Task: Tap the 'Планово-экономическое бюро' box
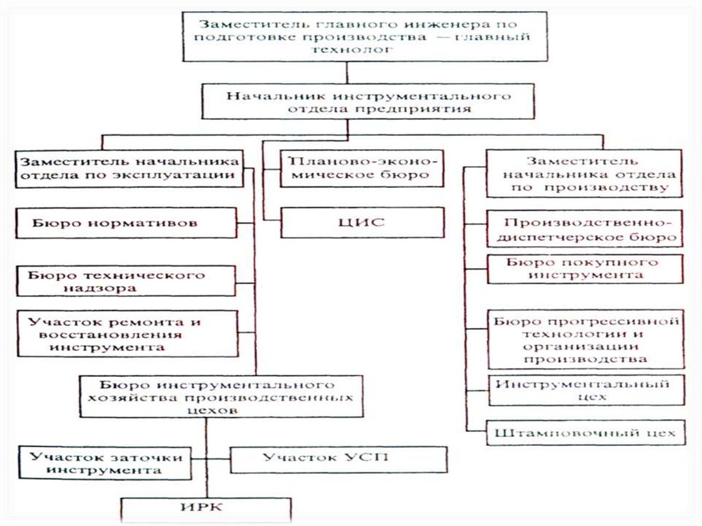coord(362,168)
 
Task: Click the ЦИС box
coord(362,222)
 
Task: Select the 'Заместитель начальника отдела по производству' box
coord(584,174)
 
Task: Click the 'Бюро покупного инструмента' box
coord(584,269)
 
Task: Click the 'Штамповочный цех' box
coord(585,433)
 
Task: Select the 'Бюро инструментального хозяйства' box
coord(220,396)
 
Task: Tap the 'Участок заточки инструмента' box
coord(110,463)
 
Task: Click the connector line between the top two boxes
coord(348,73)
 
